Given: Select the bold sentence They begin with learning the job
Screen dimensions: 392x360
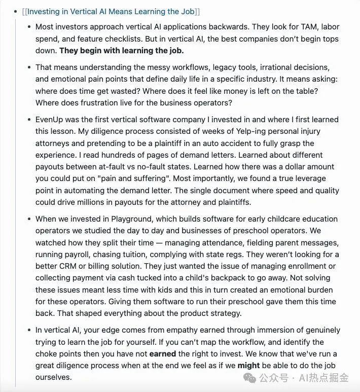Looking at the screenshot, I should tap(122, 51).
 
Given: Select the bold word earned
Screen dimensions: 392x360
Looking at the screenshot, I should tap(163, 353).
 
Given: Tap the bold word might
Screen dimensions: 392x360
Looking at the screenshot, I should tap(248, 365).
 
